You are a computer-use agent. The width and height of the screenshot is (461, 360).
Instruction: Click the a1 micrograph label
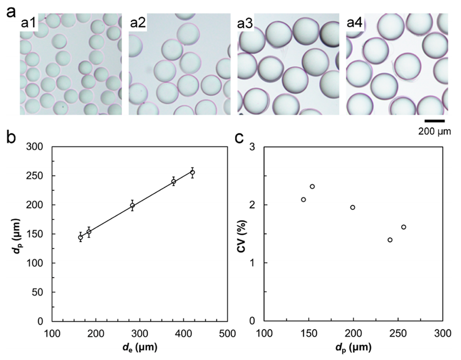(x=28, y=23)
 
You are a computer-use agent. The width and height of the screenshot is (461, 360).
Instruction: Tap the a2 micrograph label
(x=138, y=23)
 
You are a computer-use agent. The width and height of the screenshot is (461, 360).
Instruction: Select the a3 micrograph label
(x=246, y=23)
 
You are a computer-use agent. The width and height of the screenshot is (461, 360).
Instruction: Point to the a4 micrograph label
(x=355, y=23)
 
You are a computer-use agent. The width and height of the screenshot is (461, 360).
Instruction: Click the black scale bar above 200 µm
(x=434, y=121)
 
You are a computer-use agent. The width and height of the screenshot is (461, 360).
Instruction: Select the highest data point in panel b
(x=193, y=173)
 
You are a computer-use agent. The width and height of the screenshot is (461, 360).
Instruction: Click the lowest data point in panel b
(x=81, y=237)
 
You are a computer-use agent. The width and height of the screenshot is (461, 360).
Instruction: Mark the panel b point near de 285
(x=132, y=205)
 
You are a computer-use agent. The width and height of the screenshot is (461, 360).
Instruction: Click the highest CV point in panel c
(x=312, y=187)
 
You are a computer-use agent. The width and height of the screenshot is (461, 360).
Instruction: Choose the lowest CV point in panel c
(x=390, y=240)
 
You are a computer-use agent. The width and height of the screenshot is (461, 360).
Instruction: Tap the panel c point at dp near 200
(x=353, y=207)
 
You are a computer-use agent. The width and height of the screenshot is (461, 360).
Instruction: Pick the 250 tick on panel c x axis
(x=398, y=333)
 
